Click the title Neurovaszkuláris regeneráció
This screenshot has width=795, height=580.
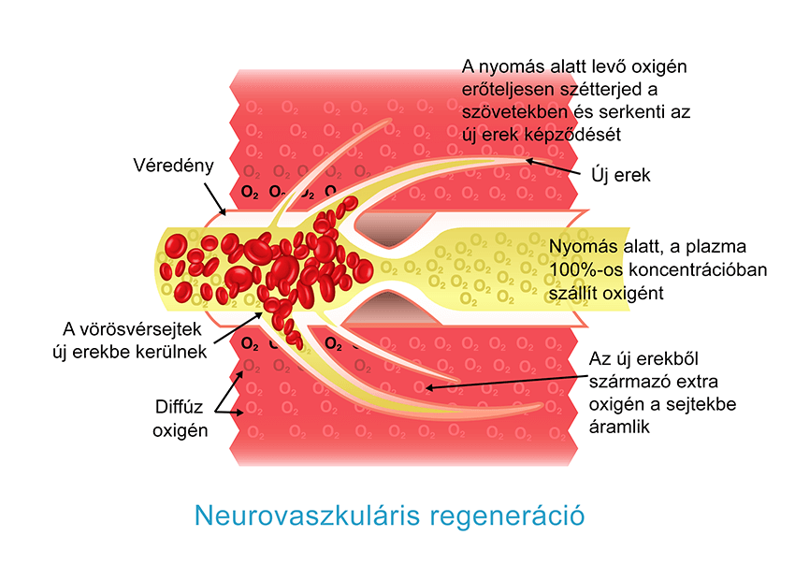point(388,515)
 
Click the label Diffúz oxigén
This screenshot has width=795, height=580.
point(180,418)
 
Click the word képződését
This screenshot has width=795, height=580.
point(574,135)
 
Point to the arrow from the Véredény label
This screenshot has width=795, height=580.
point(212,196)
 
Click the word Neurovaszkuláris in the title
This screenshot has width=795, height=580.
point(307,515)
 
